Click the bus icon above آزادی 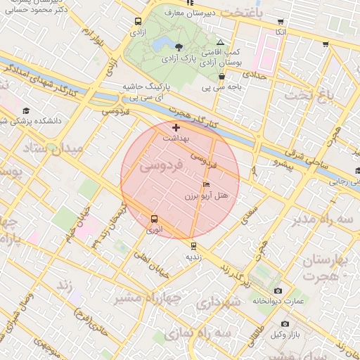click(137, 22)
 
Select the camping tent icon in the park click(221, 43)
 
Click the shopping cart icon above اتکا click(281, 22)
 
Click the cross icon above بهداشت click(176, 127)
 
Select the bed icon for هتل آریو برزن click(206, 184)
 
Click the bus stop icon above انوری click(154, 219)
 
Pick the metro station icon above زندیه click(193, 246)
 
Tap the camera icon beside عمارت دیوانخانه click(278, 291)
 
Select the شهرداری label click(218, 304)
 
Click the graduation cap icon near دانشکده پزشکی click(26, 111)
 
